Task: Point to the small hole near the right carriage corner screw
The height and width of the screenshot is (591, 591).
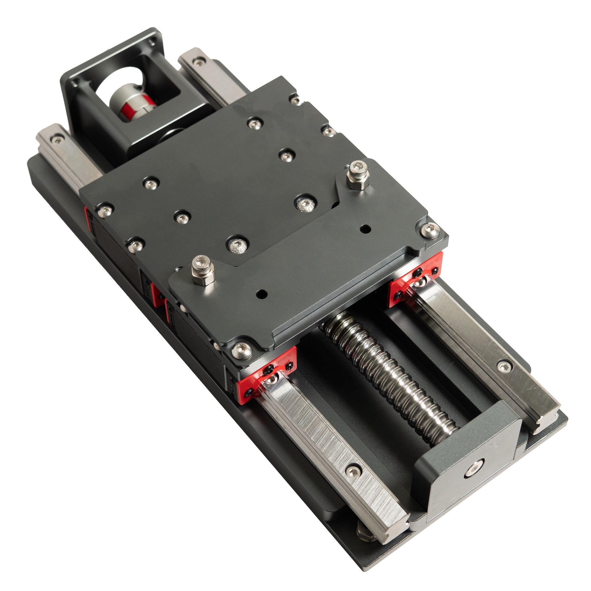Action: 365,228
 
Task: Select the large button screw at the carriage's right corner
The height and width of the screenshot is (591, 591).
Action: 430,230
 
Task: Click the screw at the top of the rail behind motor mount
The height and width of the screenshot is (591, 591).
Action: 199,63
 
